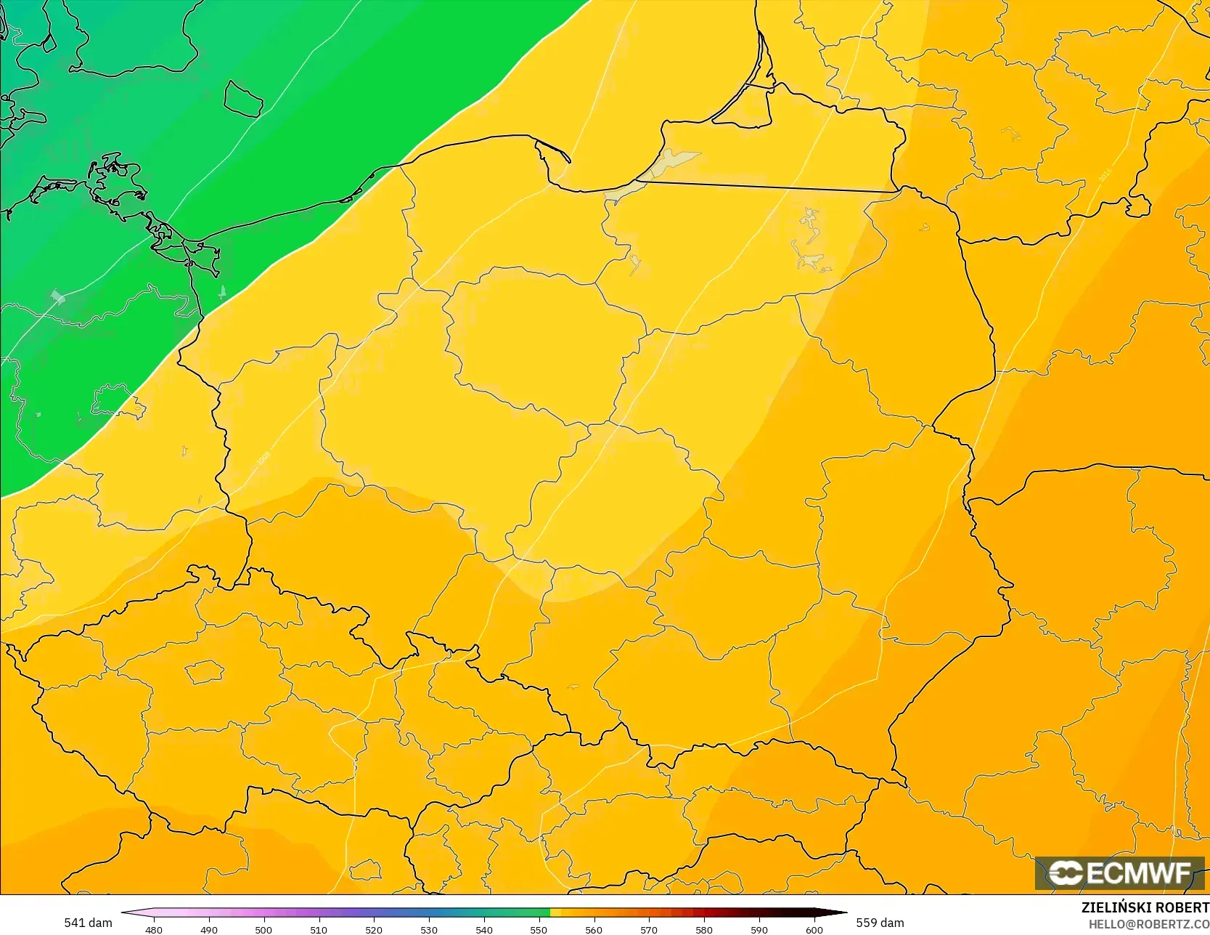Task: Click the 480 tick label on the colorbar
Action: click(x=154, y=929)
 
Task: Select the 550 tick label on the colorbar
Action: click(x=539, y=929)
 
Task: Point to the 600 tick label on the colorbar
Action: click(x=814, y=929)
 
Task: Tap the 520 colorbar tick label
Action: click(x=374, y=929)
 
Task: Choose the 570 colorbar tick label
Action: click(x=649, y=929)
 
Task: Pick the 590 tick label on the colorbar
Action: click(x=759, y=929)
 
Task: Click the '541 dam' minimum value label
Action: click(x=88, y=923)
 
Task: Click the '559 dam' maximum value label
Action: click(x=880, y=923)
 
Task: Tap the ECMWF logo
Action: click(x=1119, y=873)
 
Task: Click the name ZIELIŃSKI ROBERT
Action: click(x=1145, y=907)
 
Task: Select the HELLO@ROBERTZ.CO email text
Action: click(x=1148, y=923)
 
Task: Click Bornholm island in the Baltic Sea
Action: click(x=243, y=99)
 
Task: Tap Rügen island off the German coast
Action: click(x=115, y=182)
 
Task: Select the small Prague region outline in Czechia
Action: click(x=205, y=672)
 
